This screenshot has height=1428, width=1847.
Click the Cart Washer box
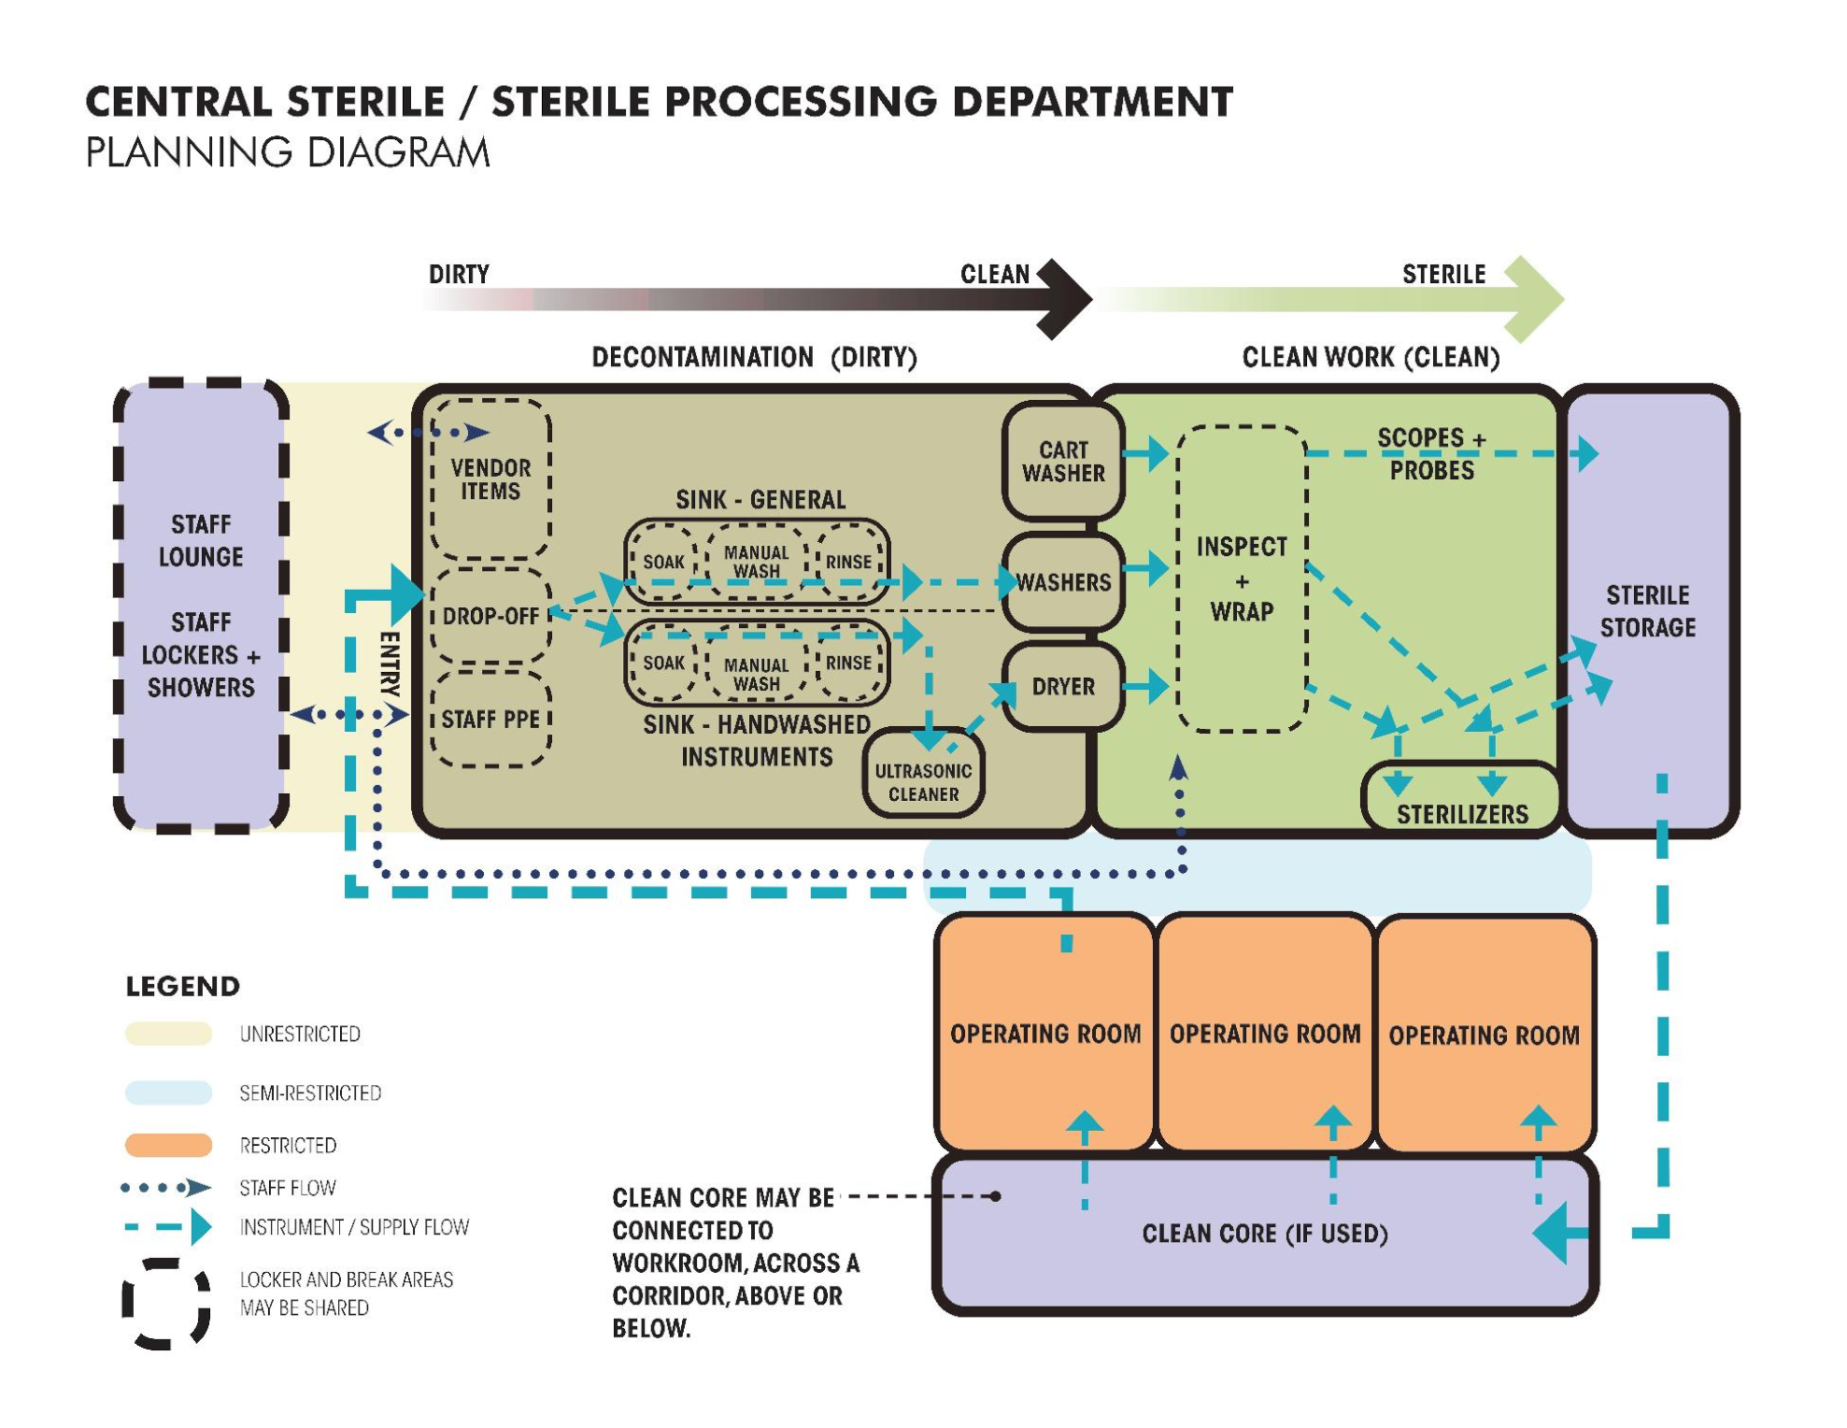pyautogui.click(x=1062, y=461)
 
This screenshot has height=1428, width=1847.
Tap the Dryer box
pyautogui.click(x=1062, y=686)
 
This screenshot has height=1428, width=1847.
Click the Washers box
pyautogui.click(x=1062, y=582)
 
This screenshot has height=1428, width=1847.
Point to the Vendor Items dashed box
pyautogui.click(x=490, y=478)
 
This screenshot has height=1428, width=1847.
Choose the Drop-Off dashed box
pyautogui.click(x=490, y=616)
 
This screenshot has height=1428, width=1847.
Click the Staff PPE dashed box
pyautogui.click(x=490, y=719)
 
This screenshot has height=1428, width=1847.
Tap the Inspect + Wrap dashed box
pyautogui.click(x=1241, y=578)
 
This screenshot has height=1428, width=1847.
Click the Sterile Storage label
pyautogui.click(x=1647, y=611)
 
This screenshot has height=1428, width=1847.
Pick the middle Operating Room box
pyautogui.click(x=1264, y=1033)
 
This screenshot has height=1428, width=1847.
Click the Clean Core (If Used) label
pyautogui.click(x=1264, y=1233)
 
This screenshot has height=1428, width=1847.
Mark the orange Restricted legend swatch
pyautogui.click(x=168, y=1145)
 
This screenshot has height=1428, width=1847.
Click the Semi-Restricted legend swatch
pyautogui.click(x=168, y=1092)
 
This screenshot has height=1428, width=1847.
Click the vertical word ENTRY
pyautogui.click(x=390, y=664)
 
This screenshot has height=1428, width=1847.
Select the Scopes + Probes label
pyautogui.click(x=1430, y=453)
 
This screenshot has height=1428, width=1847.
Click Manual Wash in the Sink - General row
pyautogui.click(x=756, y=562)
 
